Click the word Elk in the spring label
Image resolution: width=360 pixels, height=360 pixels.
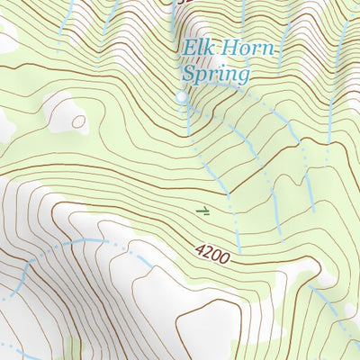[x=197, y=49]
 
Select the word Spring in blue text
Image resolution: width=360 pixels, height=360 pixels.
[x=214, y=74]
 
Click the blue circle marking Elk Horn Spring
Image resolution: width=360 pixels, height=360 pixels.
[x=182, y=96]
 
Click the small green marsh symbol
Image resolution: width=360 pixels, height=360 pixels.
[x=204, y=211]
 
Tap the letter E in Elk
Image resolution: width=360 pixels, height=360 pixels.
[x=188, y=49]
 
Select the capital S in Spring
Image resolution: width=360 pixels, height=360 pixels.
[x=189, y=74]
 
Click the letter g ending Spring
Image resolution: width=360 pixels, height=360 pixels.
[x=240, y=76]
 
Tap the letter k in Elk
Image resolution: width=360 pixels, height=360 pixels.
[x=207, y=49]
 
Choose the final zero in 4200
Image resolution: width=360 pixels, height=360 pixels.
[x=226, y=263]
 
